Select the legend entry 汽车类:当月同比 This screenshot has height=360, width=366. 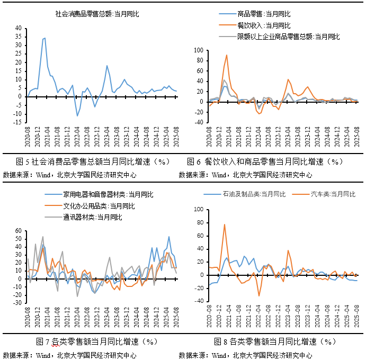(x=328, y=194)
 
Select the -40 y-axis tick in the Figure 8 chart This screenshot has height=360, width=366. (x=200, y=301)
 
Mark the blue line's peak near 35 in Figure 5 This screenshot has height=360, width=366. (x=44, y=38)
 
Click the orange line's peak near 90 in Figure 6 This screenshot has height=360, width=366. (x=227, y=55)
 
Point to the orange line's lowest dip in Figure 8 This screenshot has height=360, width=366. (x=259, y=295)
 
